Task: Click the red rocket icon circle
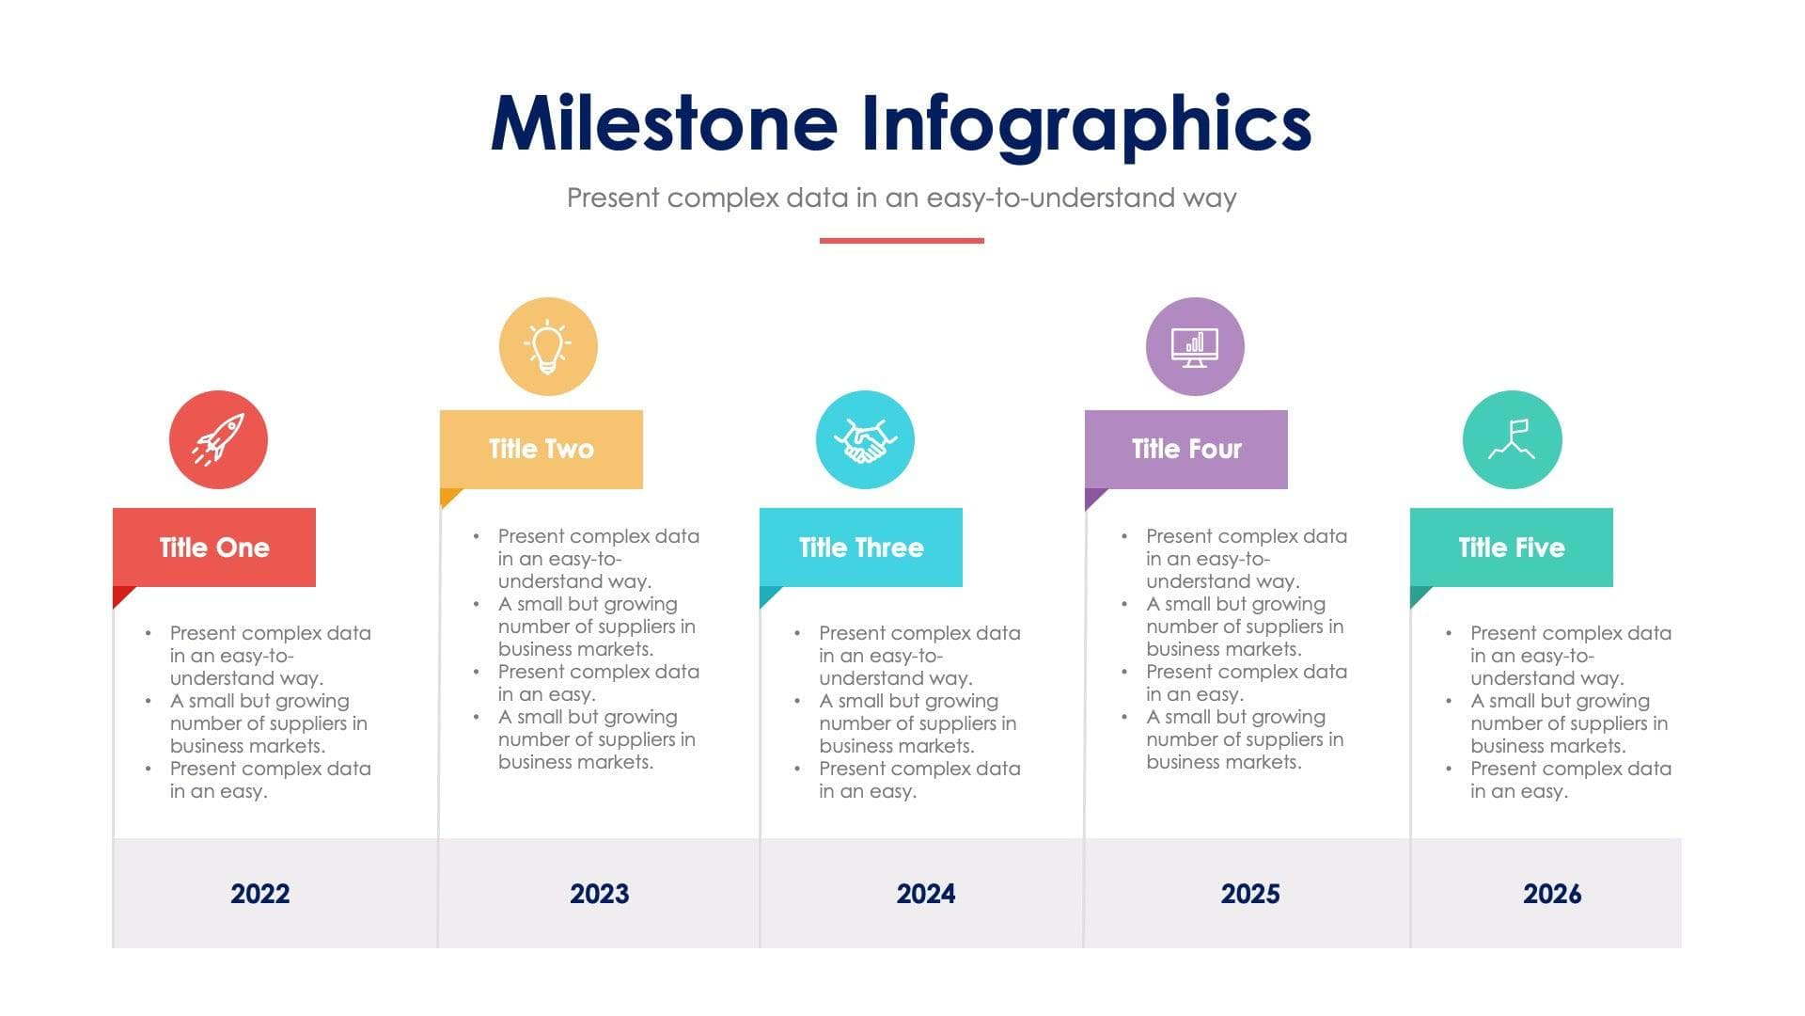tap(218, 439)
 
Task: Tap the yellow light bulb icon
tap(548, 346)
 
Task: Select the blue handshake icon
tap(865, 439)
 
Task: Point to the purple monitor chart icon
tap(1195, 346)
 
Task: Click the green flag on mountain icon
tap(1512, 439)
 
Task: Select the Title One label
tap(214, 548)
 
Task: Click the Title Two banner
tap(541, 449)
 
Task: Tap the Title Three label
tap(861, 548)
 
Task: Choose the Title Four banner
tap(1186, 449)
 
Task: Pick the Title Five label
tap(1512, 548)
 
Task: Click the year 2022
tap(260, 894)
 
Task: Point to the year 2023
tap(600, 894)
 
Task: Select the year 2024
tap(926, 894)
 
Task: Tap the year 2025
tap(1250, 894)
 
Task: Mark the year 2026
tap(1552, 894)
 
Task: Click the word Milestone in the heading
tap(664, 124)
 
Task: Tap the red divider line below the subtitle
tap(902, 241)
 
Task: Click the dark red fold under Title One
tap(121, 595)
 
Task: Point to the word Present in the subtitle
tap(613, 198)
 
